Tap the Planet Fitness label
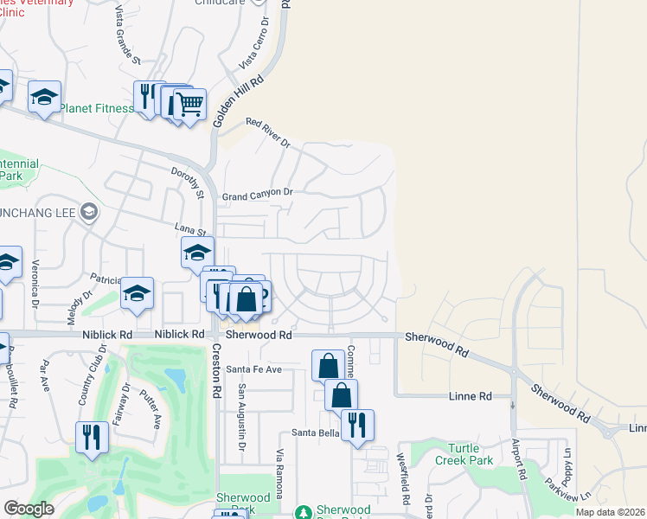coord(97,108)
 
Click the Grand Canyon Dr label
coord(259,195)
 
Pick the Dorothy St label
coord(186,182)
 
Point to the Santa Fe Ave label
coord(254,369)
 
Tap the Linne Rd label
coord(471,396)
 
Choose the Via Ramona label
coord(279,472)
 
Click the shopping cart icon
coord(189,105)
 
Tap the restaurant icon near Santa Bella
coord(357,426)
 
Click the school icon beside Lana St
coord(197,253)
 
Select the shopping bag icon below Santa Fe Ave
coord(342,395)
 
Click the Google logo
coord(29,509)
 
